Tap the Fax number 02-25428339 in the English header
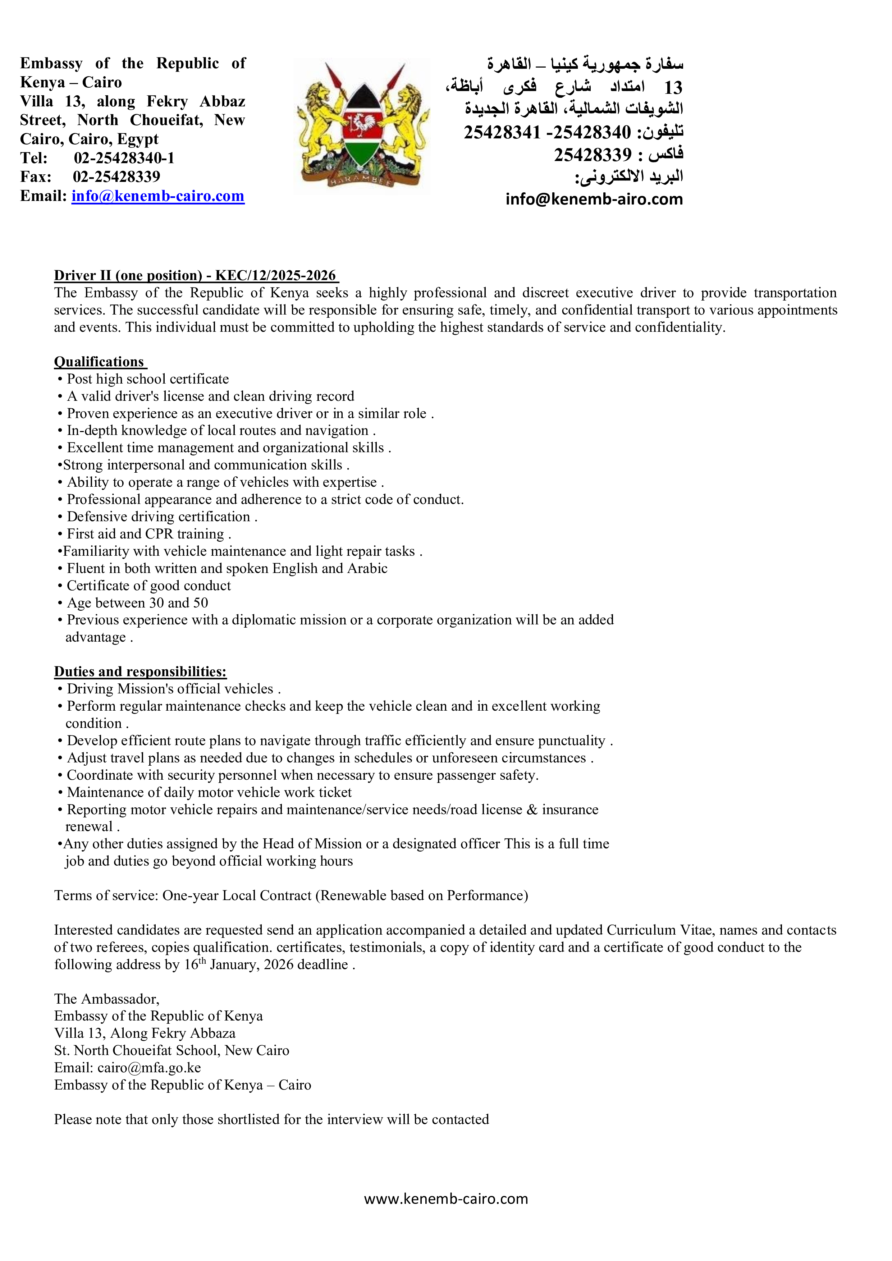point(116,177)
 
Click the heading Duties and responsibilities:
point(140,672)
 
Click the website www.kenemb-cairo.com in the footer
point(445,1198)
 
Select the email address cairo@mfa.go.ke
point(149,1068)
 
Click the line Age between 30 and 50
point(137,603)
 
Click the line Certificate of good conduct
point(148,586)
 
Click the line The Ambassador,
point(106,999)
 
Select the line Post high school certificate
point(147,379)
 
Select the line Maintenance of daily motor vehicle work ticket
point(209,793)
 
